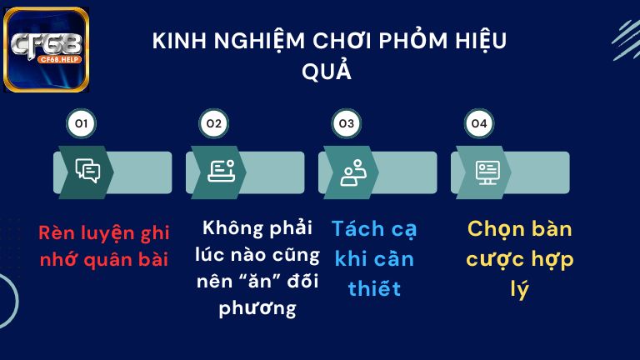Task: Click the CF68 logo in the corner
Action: click(47, 49)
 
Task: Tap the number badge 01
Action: click(81, 124)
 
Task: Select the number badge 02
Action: click(213, 124)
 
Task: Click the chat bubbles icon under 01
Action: click(87, 171)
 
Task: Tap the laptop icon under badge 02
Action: click(220, 171)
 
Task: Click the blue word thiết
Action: click(374, 289)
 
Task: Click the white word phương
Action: click(257, 308)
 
